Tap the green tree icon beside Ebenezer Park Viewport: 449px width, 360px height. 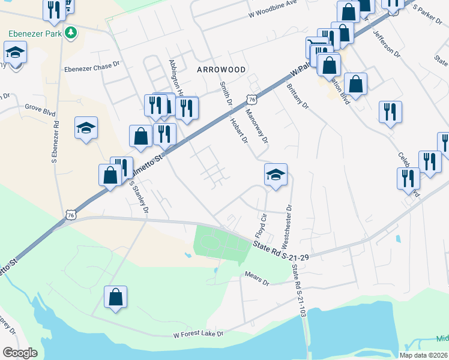(71, 32)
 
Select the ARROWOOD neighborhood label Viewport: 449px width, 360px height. (221, 70)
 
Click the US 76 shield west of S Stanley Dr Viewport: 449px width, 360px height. (71, 214)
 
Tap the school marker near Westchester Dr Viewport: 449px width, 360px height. (276, 175)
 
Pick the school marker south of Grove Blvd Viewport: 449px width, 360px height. (86, 128)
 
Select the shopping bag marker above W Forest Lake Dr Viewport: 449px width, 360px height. (115, 297)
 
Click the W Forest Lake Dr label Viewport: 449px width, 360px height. (197, 334)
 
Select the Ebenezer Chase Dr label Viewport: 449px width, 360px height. (92, 66)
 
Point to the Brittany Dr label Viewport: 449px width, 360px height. (297, 97)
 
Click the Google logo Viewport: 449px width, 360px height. (20, 353)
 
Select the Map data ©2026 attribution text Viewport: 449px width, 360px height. (424, 355)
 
